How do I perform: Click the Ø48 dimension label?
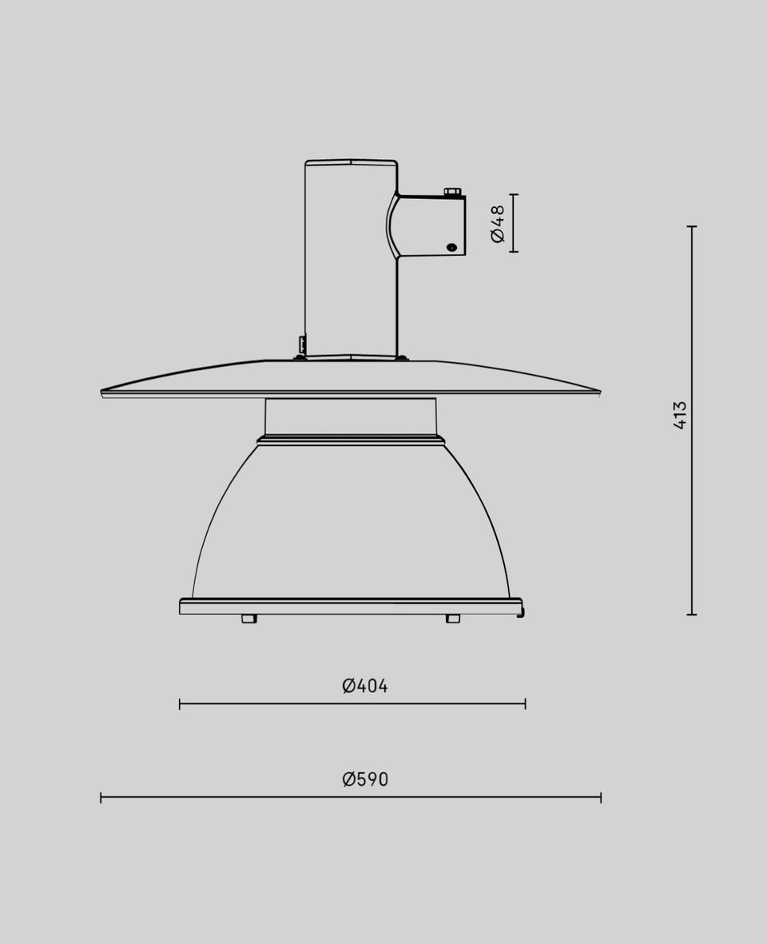[498, 223]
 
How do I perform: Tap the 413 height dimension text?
[679, 415]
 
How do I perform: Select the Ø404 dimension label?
[365, 686]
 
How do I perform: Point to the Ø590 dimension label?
[365, 779]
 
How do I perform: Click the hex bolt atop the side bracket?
[452, 192]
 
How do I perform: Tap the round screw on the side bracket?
[451, 247]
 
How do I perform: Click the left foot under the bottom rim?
[248, 619]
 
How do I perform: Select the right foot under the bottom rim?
[453, 619]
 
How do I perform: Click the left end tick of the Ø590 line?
[101, 798]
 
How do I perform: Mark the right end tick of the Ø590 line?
[601, 798]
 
